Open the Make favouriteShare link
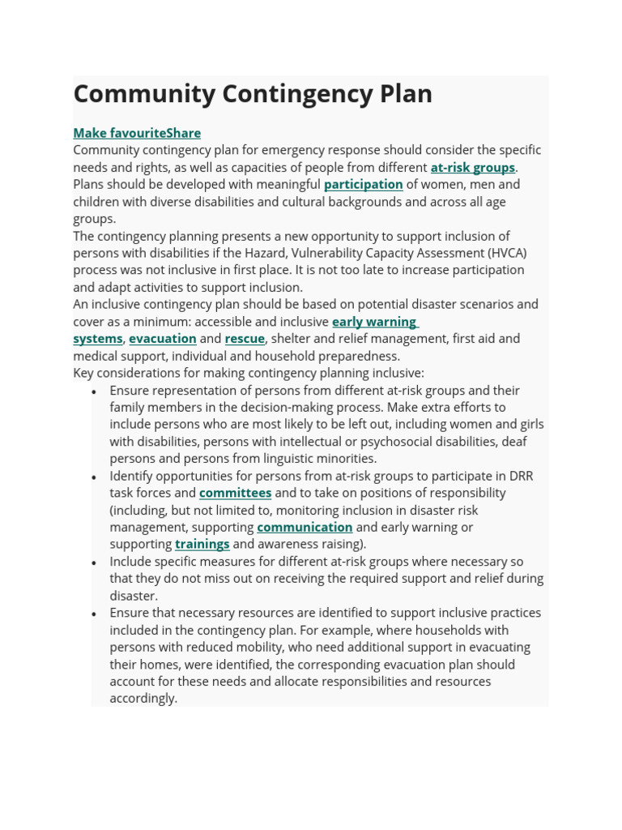137,133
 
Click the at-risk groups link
472,168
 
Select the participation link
363,185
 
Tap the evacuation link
162,339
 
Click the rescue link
245,339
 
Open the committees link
235,493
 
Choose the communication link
305,527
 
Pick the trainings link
202,544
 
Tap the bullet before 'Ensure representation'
95,391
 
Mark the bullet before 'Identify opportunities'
95,477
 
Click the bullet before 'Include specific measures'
95,563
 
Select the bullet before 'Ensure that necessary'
95,614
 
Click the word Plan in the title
406,94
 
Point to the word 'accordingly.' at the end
143,699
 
